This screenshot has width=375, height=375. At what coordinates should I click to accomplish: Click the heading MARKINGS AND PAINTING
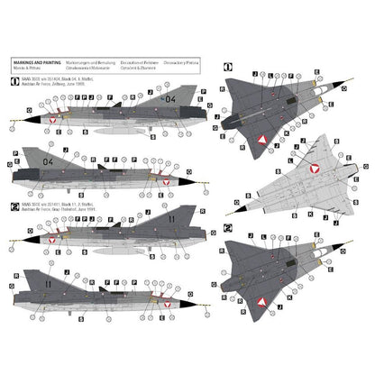coord(33,63)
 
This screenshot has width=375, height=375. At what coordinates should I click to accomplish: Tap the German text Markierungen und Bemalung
coord(101,63)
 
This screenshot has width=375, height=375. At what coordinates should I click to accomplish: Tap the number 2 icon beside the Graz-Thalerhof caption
coord(9,205)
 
